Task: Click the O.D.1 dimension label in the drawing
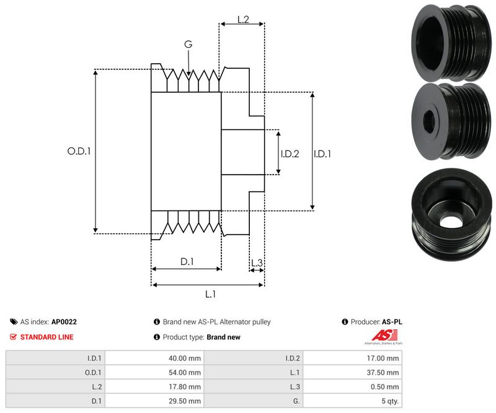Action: coord(79,150)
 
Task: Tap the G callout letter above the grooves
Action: coord(188,45)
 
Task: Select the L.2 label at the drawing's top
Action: coord(242,20)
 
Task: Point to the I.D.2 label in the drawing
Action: coord(290,154)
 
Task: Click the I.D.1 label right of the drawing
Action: coord(322,154)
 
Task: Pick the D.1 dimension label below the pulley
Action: coord(187,262)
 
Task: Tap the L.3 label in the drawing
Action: coord(257,263)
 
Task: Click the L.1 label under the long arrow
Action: coord(210,294)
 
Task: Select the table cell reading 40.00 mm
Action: coord(185,358)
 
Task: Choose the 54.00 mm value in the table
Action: coord(185,372)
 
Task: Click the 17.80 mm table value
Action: coord(185,386)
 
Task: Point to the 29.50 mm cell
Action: coord(185,401)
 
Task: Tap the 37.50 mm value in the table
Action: coord(384,372)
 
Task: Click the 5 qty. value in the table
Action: coord(389,401)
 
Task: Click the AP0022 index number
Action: coord(64,322)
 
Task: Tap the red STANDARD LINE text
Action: coord(46,337)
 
